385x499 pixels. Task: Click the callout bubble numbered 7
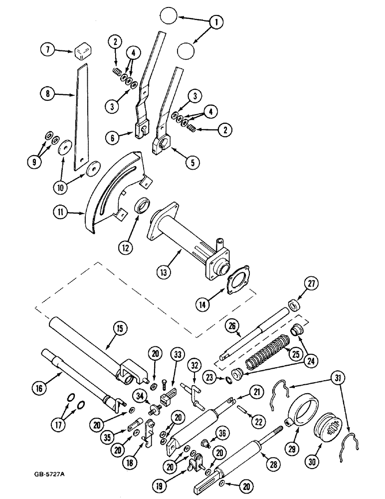pos(49,50)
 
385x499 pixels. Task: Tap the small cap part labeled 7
pos(83,50)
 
